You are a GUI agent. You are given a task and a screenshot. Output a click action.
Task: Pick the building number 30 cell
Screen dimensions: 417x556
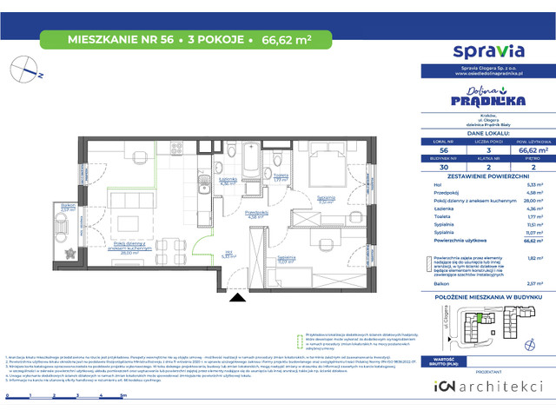tap(443, 166)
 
